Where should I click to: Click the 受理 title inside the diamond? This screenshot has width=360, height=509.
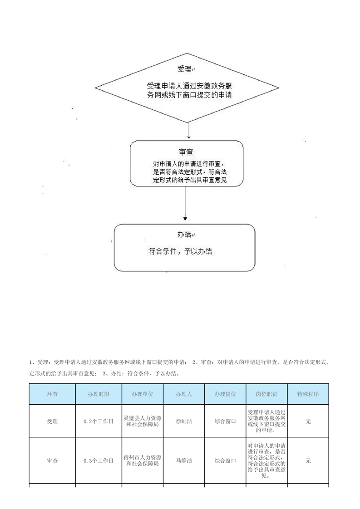click(185, 69)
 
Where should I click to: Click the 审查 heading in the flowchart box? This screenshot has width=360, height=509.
click(186, 152)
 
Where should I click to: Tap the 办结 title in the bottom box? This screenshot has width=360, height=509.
click(185, 235)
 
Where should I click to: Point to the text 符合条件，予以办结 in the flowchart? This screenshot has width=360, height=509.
click(180, 251)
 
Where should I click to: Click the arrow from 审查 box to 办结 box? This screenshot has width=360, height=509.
click(185, 203)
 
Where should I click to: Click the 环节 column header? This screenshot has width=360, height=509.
click(52, 394)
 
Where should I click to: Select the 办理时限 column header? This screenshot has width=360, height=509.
click(99, 394)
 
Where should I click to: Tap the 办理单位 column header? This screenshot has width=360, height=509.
click(143, 394)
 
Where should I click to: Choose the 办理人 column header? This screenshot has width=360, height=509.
click(184, 394)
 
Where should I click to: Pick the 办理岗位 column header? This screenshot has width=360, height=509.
click(225, 394)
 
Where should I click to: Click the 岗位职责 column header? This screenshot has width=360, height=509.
click(267, 394)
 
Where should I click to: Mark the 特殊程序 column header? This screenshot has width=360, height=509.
click(308, 394)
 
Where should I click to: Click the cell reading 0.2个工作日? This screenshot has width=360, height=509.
click(99, 421)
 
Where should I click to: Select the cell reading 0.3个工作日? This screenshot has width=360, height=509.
click(99, 460)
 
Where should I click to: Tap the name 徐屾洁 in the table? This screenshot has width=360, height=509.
click(184, 421)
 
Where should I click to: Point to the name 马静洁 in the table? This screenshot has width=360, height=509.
click(184, 460)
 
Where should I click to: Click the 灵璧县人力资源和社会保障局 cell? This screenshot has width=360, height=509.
click(143, 421)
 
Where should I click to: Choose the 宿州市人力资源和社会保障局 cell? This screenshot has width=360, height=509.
click(143, 460)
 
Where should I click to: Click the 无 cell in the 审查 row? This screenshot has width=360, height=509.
click(308, 460)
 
